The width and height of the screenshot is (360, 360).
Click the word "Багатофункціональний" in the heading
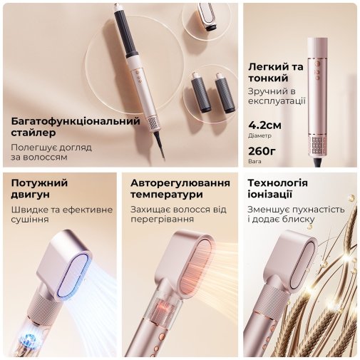click(76, 121)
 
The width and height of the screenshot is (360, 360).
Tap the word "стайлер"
click(34, 133)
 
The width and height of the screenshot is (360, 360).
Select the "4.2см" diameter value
click(264, 125)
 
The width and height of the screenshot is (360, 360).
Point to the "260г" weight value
click(262, 151)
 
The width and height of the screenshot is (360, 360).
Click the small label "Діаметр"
click(259, 135)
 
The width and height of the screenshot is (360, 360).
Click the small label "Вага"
click(254, 161)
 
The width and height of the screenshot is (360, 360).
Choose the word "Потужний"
click(39, 183)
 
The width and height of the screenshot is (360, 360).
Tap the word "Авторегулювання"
click(180, 183)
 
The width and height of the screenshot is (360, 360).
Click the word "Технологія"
click(278, 183)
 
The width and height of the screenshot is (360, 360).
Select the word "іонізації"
click(270, 195)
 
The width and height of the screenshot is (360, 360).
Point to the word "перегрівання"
click(162, 219)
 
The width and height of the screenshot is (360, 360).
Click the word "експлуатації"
click(277, 101)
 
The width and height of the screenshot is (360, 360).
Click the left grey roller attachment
click(201, 93)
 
